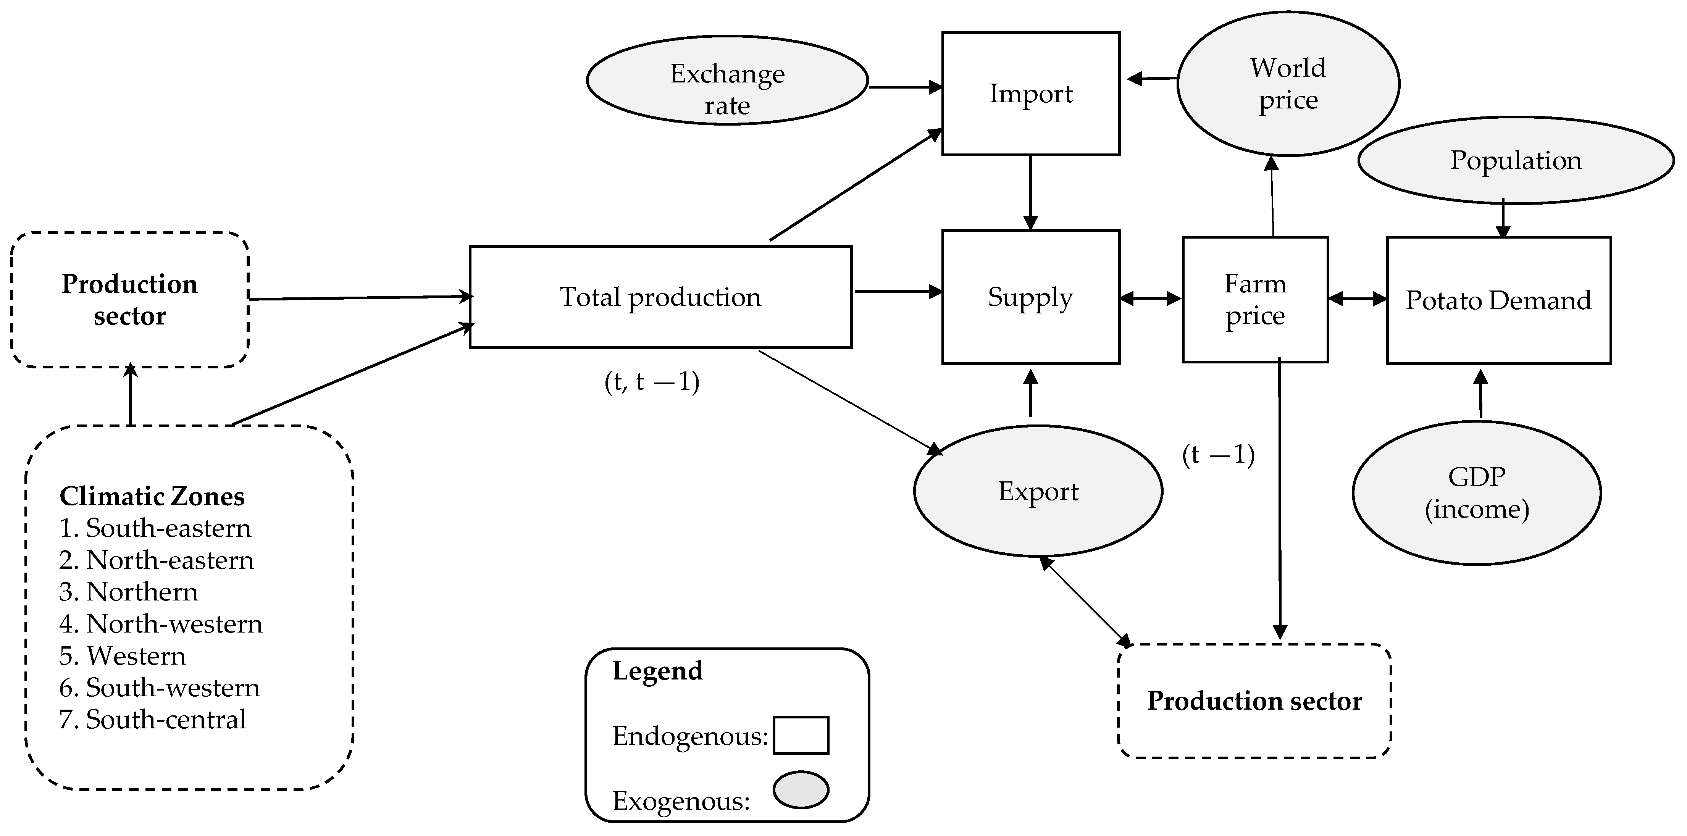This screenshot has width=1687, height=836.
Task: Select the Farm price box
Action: pos(1255,300)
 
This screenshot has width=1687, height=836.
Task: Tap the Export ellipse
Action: pos(1038,491)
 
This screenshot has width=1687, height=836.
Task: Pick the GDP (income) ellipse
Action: pos(1476,492)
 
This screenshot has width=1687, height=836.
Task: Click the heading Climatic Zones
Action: pos(152,496)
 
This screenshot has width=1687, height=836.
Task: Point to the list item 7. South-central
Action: pos(153,720)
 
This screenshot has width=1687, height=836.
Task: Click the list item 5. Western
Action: pos(123,656)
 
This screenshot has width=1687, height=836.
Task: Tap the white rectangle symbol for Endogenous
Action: pos(800,735)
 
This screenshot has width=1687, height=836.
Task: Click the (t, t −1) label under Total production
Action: pos(652,382)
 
